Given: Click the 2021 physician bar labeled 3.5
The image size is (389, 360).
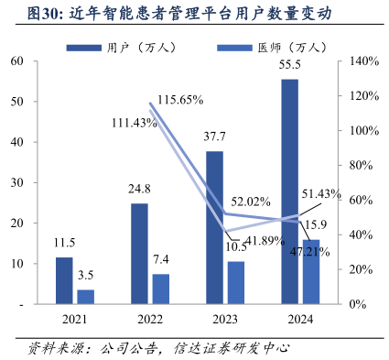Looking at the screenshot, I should (x=85, y=296).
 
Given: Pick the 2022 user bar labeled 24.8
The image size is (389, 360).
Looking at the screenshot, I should (x=139, y=253).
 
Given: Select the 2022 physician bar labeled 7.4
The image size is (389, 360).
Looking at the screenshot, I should (x=160, y=288).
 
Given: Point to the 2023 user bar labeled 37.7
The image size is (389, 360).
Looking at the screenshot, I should (x=214, y=226).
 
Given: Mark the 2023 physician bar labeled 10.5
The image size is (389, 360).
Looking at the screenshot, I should (x=235, y=281).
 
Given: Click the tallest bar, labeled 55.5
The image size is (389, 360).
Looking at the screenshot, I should (x=289, y=191).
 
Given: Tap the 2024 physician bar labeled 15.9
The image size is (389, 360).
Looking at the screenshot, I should (x=310, y=270).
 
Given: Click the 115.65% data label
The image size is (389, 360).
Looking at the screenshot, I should (x=180, y=99).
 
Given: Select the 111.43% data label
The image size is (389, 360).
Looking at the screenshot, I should (x=135, y=123).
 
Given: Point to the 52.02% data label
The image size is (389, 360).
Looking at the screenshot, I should (x=250, y=202).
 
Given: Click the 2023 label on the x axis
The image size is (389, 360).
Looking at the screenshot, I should (x=224, y=320).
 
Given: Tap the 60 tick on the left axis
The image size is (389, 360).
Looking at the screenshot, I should (x=17, y=61).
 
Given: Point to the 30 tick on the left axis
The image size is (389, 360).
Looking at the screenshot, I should (x=17, y=182).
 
